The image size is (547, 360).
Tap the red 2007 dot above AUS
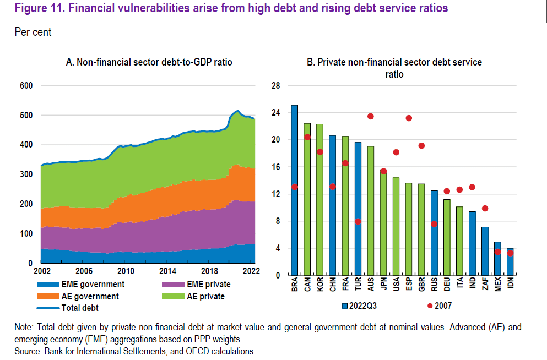click(371, 116)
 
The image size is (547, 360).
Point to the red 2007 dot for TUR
click(358, 221)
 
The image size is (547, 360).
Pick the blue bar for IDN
click(510, 261)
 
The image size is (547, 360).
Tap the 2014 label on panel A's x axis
click(168, 271)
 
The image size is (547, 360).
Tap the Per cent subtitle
click(33, 32)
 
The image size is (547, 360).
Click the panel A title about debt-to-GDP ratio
click(149, 62)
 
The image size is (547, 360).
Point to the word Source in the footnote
click(28, 351)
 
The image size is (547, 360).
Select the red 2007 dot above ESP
click(409, 118)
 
